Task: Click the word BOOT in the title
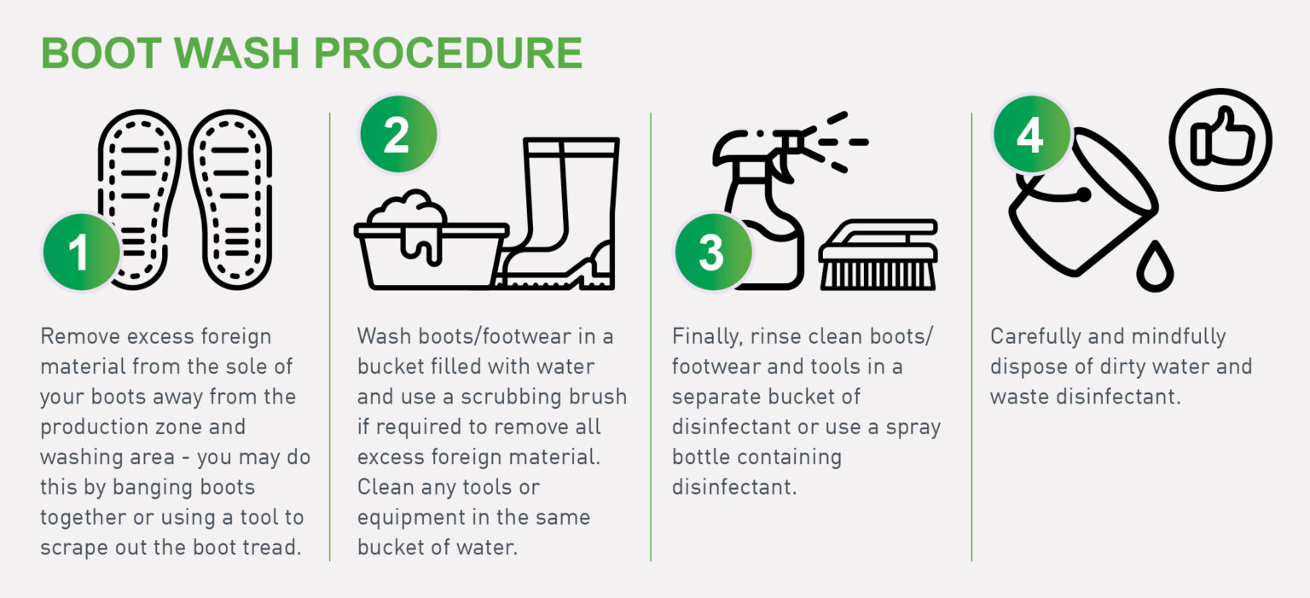point(101,53)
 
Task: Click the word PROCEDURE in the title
point(448,53)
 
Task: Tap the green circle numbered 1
point(82,253)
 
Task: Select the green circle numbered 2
point(398,135)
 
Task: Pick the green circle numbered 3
point(714,253)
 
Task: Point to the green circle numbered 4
point(1032,135)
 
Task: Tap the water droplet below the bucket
point(1155,267)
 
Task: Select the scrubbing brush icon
point(878,254)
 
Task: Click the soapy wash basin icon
point(431,241)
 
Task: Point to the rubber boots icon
point(559,213)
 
